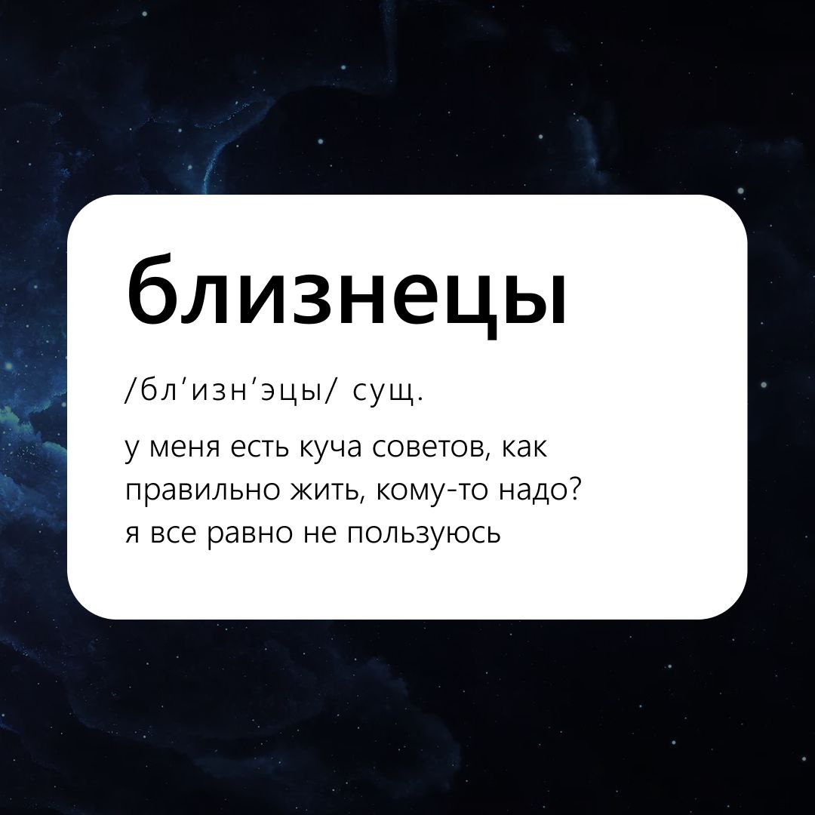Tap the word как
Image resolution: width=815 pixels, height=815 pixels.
525,447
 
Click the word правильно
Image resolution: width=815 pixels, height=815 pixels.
203,492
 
